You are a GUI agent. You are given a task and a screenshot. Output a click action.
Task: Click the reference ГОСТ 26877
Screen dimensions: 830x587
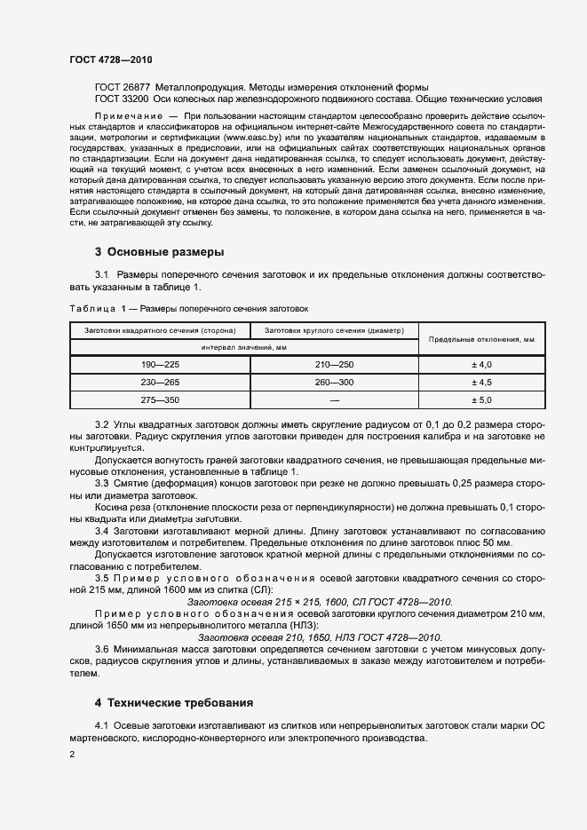123,88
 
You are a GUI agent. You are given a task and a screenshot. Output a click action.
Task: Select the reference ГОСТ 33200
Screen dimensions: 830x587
123,100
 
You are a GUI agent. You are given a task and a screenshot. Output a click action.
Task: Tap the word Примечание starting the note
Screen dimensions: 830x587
128,117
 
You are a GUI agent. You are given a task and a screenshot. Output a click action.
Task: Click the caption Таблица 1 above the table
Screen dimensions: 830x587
95,309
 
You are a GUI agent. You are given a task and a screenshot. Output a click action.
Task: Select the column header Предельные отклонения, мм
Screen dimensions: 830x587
480,339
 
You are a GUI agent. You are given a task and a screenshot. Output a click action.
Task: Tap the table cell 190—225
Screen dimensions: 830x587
160,365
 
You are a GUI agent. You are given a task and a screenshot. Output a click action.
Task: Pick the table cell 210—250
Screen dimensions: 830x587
334,365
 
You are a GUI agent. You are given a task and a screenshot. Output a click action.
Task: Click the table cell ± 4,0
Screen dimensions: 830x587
480,365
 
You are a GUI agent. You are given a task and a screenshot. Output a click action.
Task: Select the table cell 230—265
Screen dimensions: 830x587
160,383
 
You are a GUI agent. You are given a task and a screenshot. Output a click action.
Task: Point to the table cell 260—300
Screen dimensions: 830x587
334,383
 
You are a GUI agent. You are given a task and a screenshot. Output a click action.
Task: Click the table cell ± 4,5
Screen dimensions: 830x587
480,383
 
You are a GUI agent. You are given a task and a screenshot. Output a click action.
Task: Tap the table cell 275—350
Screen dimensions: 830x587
160,399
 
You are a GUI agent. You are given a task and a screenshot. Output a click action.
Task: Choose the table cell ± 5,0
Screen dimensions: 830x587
480,399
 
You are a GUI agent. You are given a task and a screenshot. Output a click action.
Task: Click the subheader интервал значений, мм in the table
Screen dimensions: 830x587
243,347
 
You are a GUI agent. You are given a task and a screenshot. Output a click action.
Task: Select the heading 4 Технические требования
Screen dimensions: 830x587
173,702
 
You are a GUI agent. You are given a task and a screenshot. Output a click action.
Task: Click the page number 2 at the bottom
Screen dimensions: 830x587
72,755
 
